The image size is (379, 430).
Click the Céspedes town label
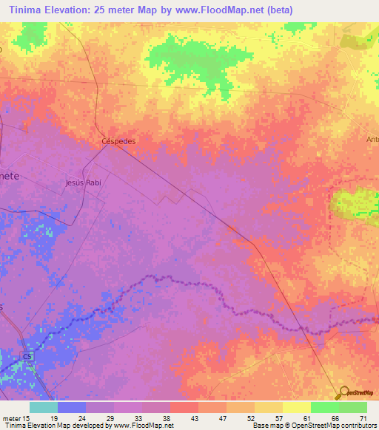click(x=118, y=140)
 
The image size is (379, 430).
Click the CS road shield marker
click(x=27, y=357)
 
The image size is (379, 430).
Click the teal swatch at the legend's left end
click(x=44, y=407)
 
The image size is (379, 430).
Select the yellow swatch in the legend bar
click(x=297, y=407)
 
